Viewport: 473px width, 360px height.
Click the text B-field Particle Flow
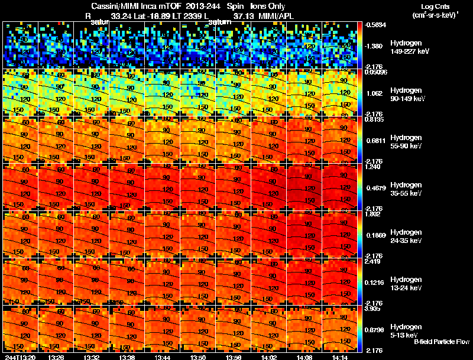441,342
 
